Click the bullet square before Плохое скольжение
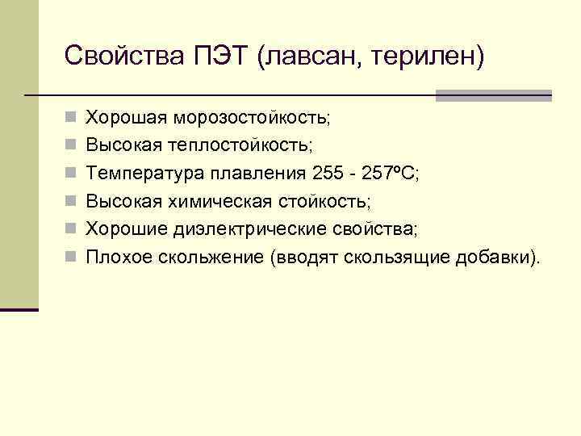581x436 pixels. pyautogui.click(x=71, y=258)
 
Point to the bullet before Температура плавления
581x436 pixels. pyautogui.click(x=71, y=174)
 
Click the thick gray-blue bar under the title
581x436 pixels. pyautogui.click(x=493, y=95)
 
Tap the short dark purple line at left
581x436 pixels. pyautogui.click(x=19, y=309)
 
